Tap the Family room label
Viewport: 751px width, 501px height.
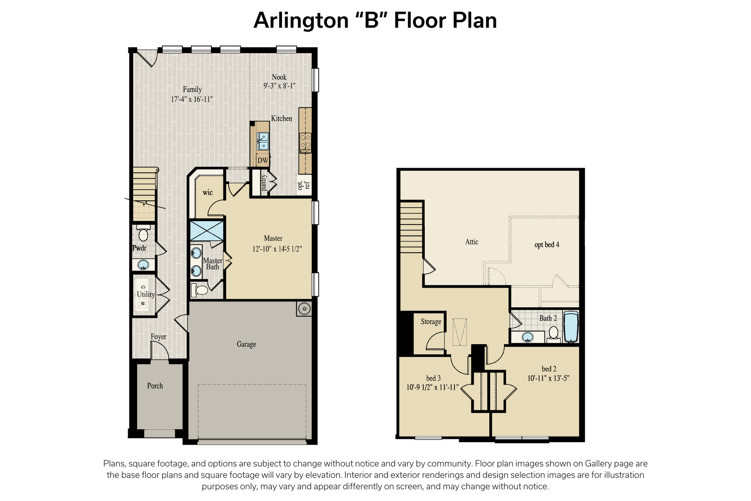pyautogui.click(x=192, y=89)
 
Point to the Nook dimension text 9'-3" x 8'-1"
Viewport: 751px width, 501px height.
pyautogui.click(x=279, y=86)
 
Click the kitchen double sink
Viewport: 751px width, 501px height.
pyautogui.click(x=263, y=141)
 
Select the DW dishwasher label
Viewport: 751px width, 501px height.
pyautogui.click(x=263, y=160)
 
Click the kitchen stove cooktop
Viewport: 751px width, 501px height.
pyautogui.click(x=305, y=143)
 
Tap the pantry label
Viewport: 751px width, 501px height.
pyautogui.click(x=264, y=183)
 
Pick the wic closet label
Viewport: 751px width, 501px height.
pyautogui.click(x=208, y=192)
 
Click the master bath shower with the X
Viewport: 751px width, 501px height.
pyautogui.click(x=207, y=231)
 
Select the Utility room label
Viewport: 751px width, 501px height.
pyautogui.click(x=146, y=294)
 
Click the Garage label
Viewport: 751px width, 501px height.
pyautogui.click(x=246, y=344)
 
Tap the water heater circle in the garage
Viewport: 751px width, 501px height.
pyautogui.click(x=304, y=309)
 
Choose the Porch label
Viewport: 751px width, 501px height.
pyautogui.click(x=155, y=386)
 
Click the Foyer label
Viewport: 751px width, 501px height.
pyautogui.click(x=158, y=337)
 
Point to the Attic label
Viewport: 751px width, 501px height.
pyautogui.click(x=472, y=242)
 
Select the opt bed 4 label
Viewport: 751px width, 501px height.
pyautogui.click(x=547, y=245)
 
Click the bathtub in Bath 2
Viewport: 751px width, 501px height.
pyautogui.click(x=571, y=327)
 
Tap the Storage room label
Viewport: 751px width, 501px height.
pyautogui.click(x=431, y=322)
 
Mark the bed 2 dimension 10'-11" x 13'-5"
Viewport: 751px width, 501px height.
pyautogui.click(x=548, y=378)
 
